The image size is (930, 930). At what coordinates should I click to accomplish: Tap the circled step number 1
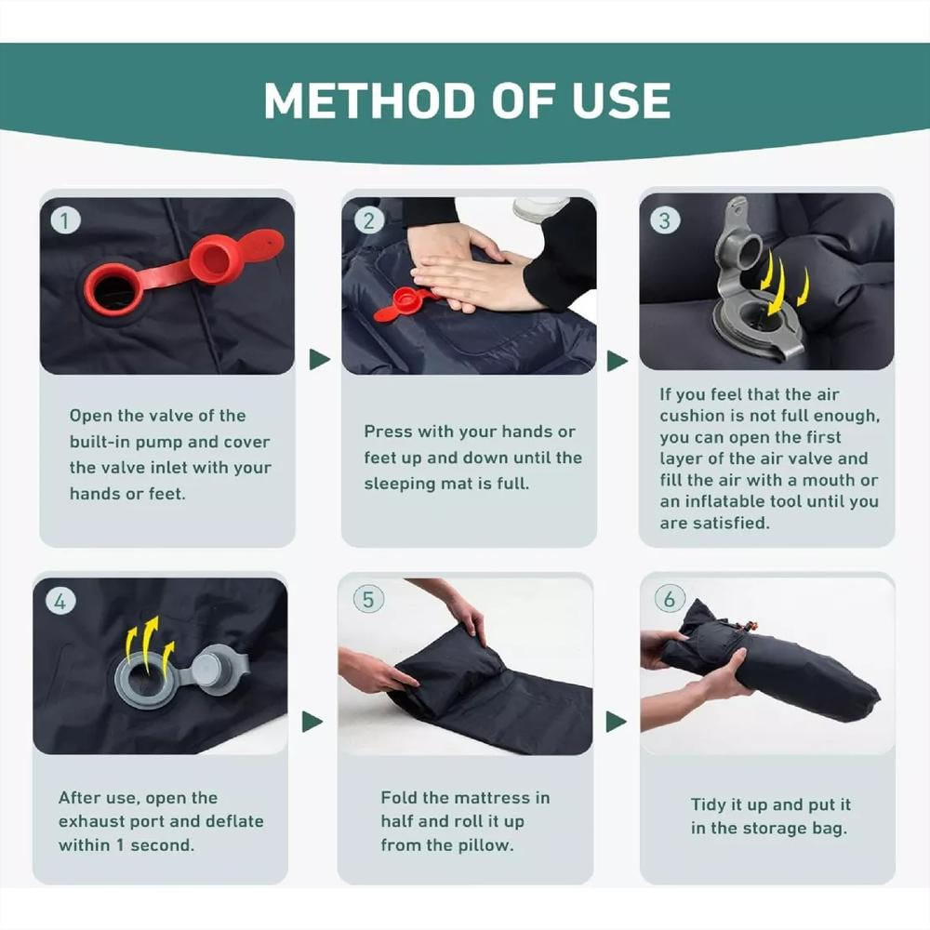point(65,220)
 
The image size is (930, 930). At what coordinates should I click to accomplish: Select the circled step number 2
point(368,220)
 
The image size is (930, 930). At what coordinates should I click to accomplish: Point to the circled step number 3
point(665,220)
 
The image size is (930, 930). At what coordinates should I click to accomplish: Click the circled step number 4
point(60,602)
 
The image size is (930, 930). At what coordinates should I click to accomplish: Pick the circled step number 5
point(368,599)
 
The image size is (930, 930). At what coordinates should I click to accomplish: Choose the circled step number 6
point(670,598)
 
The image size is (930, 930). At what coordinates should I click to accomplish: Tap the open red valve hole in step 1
point(113,292)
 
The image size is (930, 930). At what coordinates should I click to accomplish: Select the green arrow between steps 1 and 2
point(319,359)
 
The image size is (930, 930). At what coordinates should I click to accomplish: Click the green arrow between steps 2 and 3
point(617,361)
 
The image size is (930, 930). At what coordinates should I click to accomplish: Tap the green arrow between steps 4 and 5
point(312,722)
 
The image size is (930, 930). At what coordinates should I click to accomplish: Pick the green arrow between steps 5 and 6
point(617,722)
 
